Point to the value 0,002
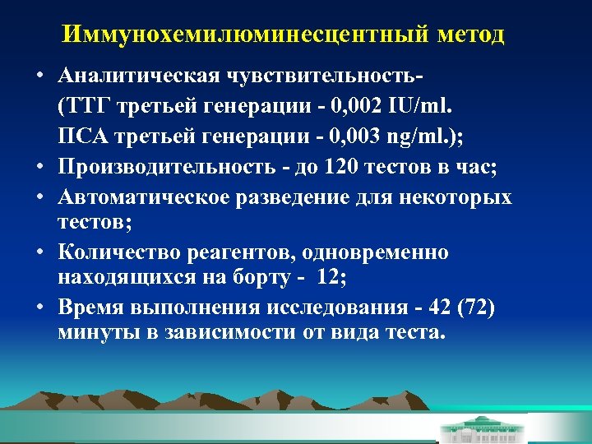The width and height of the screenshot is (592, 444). [x=345, y=106]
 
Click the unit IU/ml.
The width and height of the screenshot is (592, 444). [x=418, y=106]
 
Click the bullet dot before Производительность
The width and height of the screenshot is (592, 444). [x=39, y=168]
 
